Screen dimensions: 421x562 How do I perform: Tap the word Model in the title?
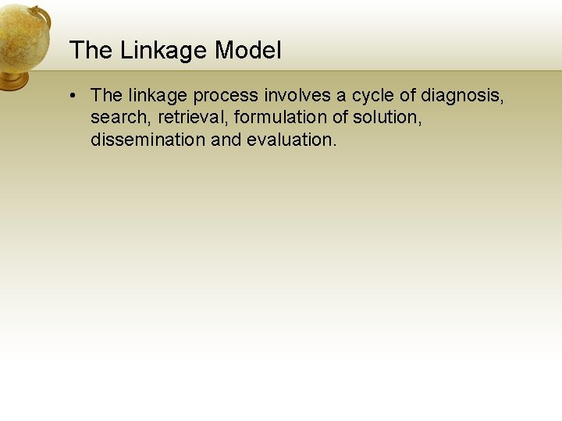click(248, 51)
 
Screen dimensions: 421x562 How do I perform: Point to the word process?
click(226, 96)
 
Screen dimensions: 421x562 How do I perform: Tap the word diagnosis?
click(462, 96)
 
